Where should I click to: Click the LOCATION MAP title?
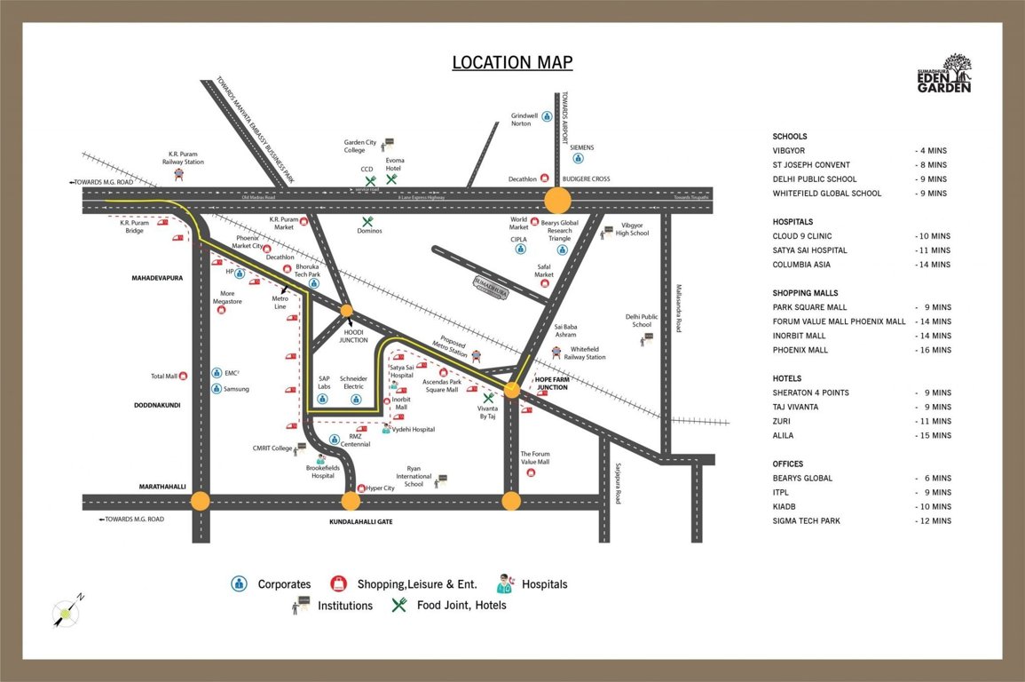coord(512,62)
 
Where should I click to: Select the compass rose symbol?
coord(65,611)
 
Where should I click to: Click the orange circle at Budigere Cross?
coord(558,199)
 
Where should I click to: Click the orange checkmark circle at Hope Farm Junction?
coord(512,389)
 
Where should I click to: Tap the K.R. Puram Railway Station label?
coord(183,157)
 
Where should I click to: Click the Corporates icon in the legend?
coord(239,583)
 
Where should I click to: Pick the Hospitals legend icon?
coord(505,583)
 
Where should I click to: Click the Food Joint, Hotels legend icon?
coord(399,605)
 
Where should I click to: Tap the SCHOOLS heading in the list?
coord(790,137)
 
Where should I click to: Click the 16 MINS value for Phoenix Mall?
coord(933,350)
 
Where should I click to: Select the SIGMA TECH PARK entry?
coord(806,520)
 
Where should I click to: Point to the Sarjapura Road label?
coord(618,482)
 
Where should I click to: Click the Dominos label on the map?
coord(371,231)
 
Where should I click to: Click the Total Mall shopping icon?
coord(184,377)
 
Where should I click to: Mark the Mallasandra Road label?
coord(679,307)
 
